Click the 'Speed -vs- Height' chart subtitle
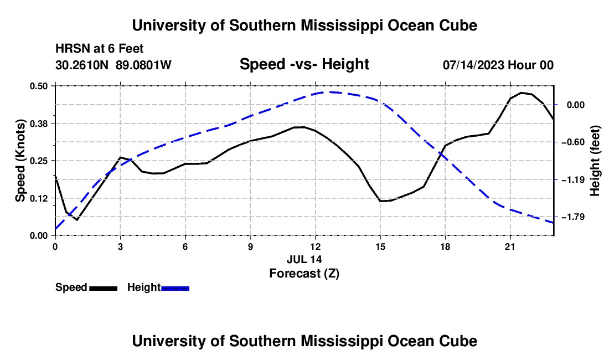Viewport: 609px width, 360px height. click(304, 64)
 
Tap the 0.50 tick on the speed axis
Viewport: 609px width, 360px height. click(38, 86)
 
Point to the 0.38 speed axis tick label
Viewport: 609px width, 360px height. click(38, 124)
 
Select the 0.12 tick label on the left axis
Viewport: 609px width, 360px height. click(38, 198)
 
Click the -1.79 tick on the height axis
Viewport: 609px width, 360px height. click(573, 217)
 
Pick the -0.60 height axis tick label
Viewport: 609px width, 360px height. click(573, 142)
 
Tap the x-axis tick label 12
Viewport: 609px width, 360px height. click(316, 246)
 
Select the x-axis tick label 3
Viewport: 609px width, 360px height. click(120, 246)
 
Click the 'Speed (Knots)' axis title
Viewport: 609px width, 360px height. click(20, 161)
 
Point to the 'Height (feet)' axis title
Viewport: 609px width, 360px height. click(595, 161)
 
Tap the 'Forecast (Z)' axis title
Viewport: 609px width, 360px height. click(304, 274)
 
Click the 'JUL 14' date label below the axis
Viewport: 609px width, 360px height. click(304, 259)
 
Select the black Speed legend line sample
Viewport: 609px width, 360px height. click(104, 289)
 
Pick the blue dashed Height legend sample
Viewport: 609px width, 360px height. click(175, 289)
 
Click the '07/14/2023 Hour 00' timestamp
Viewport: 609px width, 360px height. click(498, 65)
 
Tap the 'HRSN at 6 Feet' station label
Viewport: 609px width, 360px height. click(100, 49)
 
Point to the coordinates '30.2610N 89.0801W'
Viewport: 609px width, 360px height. click(113, 65)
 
